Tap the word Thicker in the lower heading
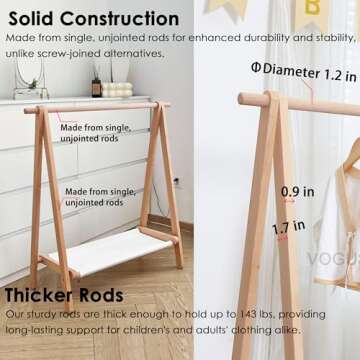39,297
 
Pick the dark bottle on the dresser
97,86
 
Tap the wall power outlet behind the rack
176,181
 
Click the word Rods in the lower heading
102,297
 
